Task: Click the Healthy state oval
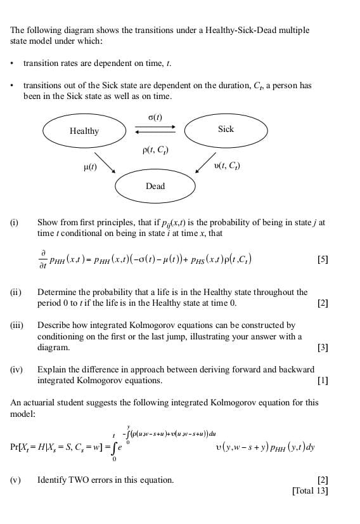click(84, 131)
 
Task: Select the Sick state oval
click(226, 129)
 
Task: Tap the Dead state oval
click(155, 186)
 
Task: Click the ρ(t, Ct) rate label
click(156, 150)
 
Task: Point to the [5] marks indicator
click(323, 259)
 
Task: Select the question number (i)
click(14, 223)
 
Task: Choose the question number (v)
click(15, 480)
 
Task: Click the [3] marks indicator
click(323, 348)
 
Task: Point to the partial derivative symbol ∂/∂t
click(43, 259)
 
